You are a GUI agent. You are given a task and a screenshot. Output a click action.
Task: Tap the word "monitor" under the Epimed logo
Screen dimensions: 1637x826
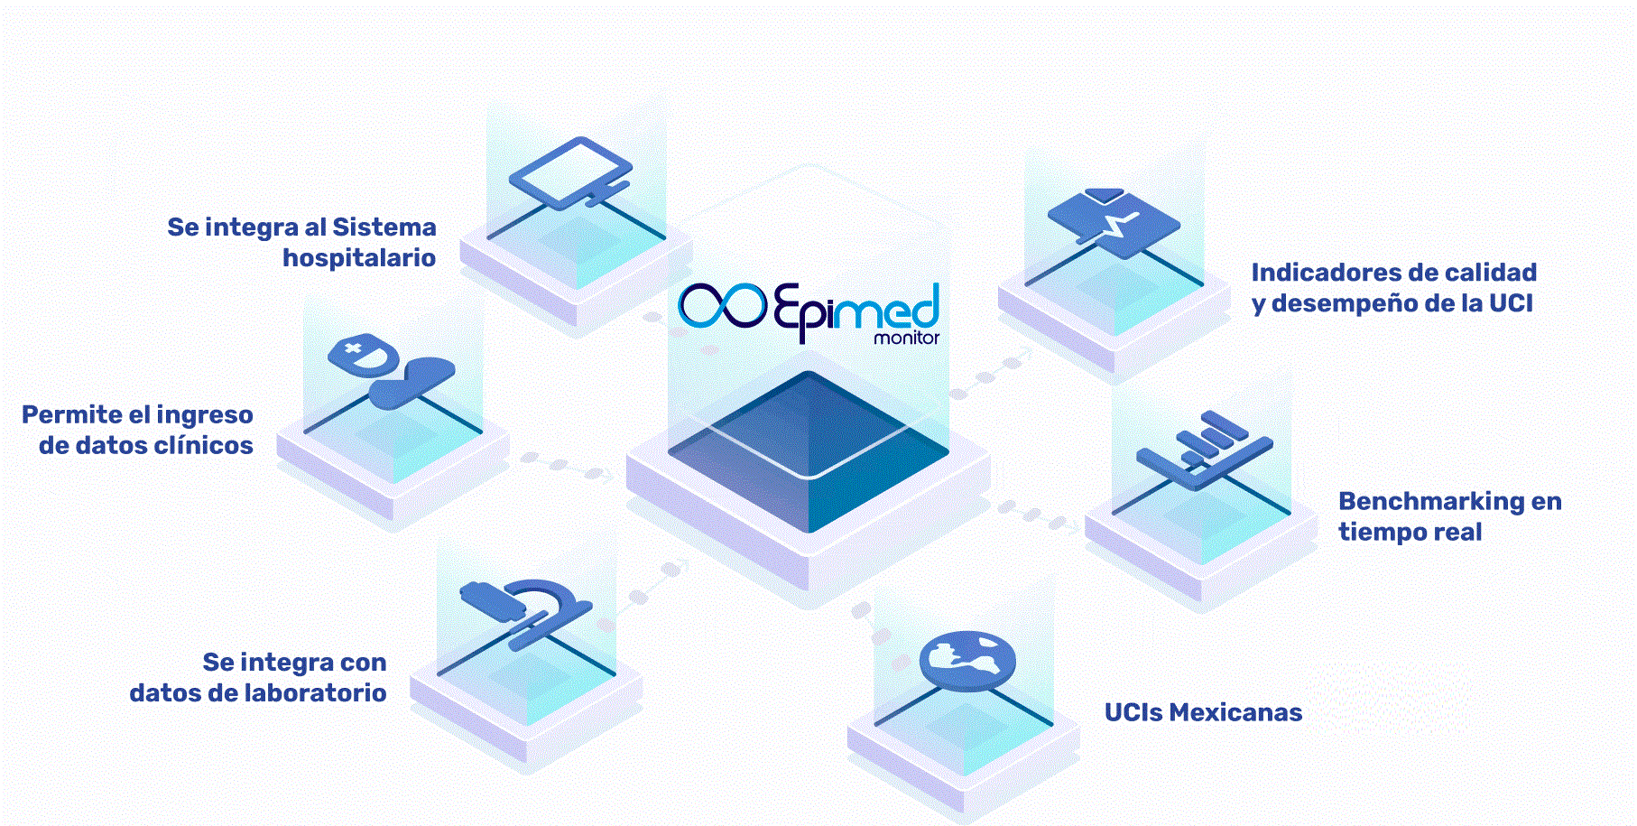(906, 339)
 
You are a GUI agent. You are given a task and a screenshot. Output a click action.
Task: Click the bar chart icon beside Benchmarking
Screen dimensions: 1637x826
(1206, 450)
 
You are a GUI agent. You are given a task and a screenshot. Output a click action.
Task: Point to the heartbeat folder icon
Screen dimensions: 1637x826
(1114, 222)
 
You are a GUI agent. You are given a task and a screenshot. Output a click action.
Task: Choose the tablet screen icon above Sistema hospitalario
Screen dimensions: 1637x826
(570, 172)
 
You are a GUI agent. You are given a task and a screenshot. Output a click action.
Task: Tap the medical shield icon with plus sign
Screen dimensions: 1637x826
(364, 353)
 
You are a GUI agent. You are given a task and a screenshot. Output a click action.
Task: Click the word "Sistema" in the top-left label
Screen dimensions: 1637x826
(384, 227)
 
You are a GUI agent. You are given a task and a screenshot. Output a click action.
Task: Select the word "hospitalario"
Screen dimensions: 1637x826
(359, 258)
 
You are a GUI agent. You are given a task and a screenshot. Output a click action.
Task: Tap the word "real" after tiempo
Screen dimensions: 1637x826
(1458, 532)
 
